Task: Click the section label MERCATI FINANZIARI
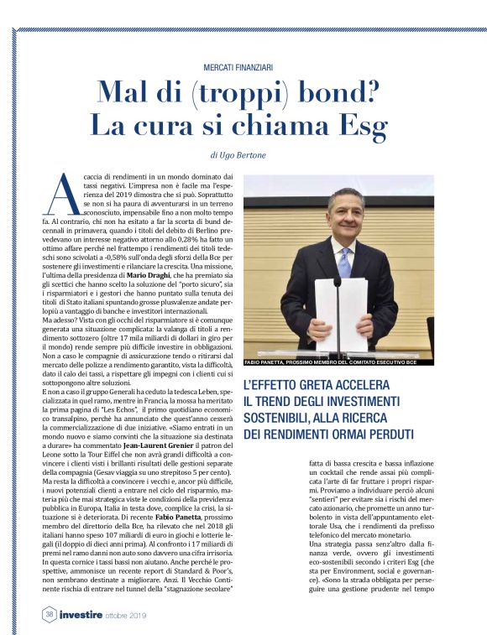pos(243,66)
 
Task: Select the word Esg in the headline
pos(362,126)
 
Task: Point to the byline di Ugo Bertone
pos(243,155)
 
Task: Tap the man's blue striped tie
pos(344,262)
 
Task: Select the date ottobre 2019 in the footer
pos(150,616)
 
